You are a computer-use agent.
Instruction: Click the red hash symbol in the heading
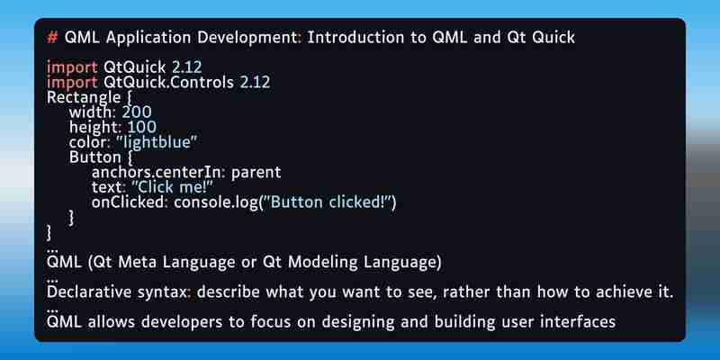tap(52, 38)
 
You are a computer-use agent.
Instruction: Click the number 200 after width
tap(137, 112)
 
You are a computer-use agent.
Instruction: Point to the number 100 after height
tap(142, 127)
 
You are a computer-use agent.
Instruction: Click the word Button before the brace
tap(95, 157)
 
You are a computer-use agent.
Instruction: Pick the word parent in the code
tap(256, 173)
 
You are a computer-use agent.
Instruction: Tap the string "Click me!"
tap(173, 187)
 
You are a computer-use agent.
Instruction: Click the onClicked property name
tap(129, 202)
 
